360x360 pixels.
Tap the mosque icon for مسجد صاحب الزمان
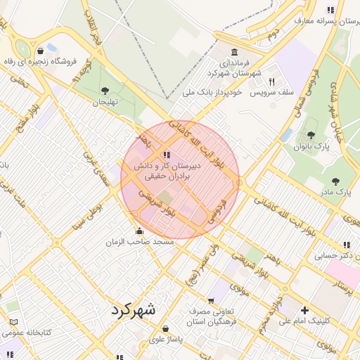[139, 231]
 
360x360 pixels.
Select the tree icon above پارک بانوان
[311, 135]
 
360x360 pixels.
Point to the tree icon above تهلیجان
[105, 90]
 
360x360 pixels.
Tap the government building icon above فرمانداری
[233, 53]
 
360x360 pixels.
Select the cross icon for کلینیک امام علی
[304, 310]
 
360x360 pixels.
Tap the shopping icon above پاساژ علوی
[165, 328]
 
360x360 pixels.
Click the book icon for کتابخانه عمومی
[13, 321]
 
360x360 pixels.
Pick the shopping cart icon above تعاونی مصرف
[211, 301]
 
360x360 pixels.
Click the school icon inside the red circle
[166, 155]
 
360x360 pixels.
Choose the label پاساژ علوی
[165, 339]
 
